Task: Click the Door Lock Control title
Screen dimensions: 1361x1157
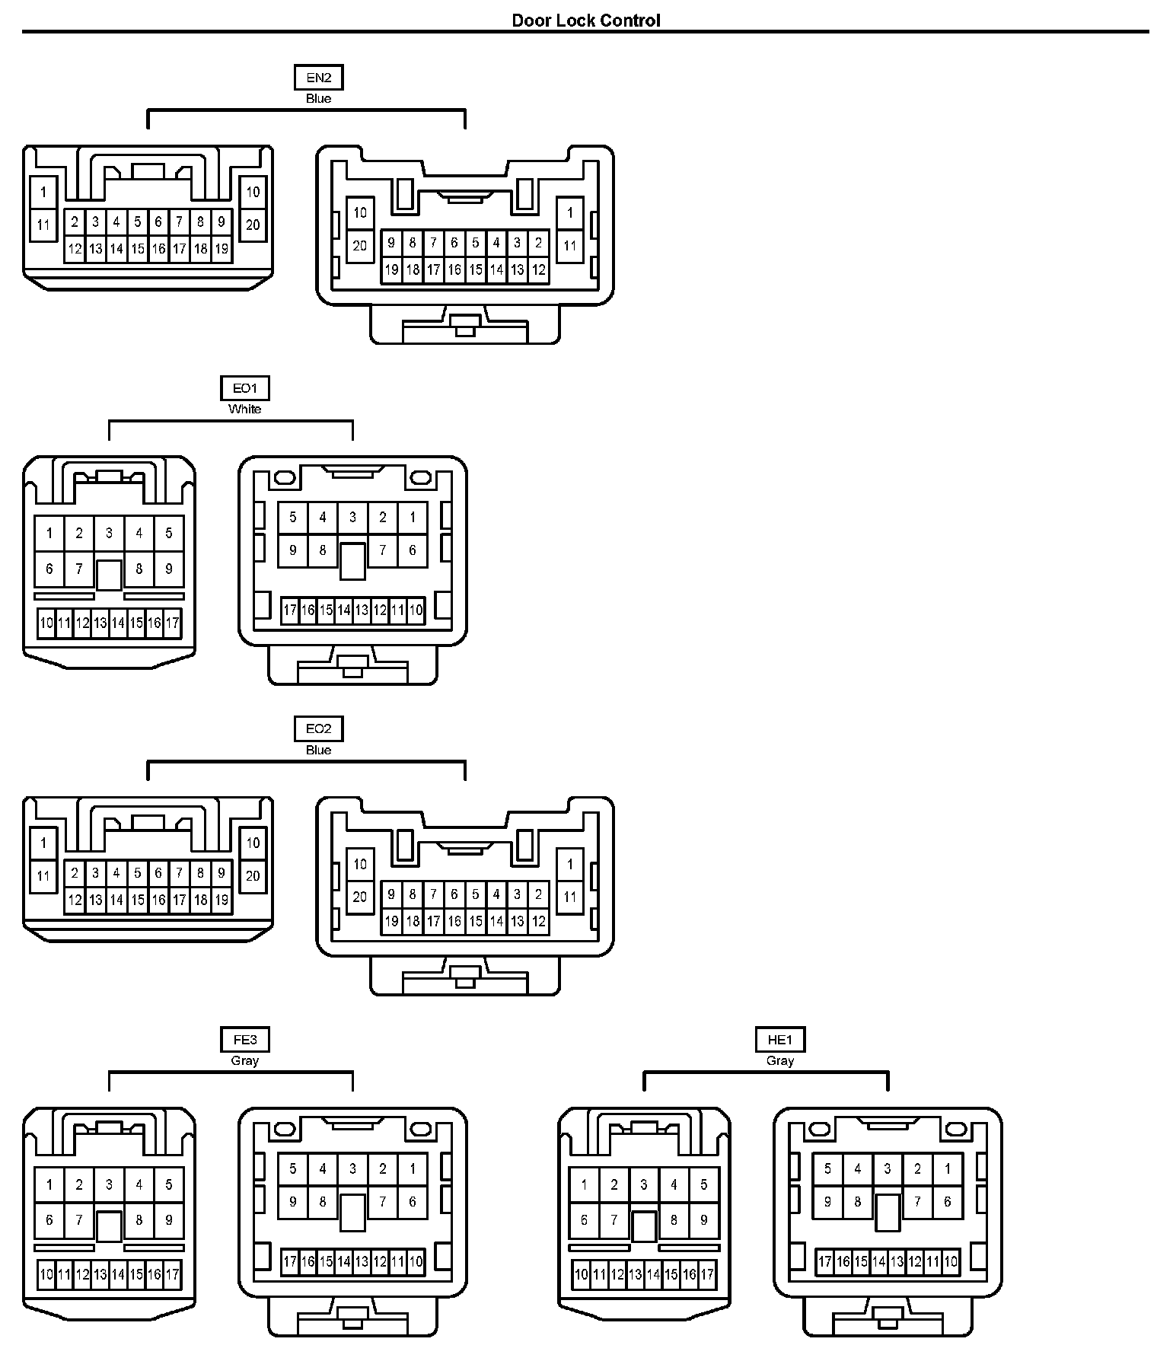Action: click(x=585, y=21)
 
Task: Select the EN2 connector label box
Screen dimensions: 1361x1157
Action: click(x=318, y=78)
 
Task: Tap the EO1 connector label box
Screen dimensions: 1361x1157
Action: click(x=244, y=389)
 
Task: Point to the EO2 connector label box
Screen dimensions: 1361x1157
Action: click(x=318, y=729)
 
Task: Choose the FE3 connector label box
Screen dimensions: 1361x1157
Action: click(x=244, y=1040)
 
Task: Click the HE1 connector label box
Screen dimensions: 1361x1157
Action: click(x=779, y=1040)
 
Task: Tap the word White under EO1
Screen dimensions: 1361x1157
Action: click(x=244, y=410)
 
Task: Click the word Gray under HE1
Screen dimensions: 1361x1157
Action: click(x=779, y=1060)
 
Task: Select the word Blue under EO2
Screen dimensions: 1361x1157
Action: click(x=318, y=750)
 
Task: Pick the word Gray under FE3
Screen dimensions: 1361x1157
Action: click(x=244, y=1060)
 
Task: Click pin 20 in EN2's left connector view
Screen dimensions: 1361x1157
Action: click(x=253, y=225)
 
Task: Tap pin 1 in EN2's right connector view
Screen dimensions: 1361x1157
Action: click(x=570, y=213)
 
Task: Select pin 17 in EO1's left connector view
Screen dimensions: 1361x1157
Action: click(x=173, y=623)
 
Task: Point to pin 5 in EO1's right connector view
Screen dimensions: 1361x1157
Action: click(x=293, y=518)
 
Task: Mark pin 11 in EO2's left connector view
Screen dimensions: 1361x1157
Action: click(x=43, y=876)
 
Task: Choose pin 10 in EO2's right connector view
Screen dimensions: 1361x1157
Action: click(x=360, y=864)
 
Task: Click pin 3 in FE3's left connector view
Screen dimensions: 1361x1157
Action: click(x=109, y=1184)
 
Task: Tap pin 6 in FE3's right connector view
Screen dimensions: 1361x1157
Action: click(x=413, y=1202)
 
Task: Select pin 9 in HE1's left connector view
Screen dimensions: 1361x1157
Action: click(x=703, y=1219)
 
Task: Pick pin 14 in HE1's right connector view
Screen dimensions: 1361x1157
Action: click(x=878, y=1261)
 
